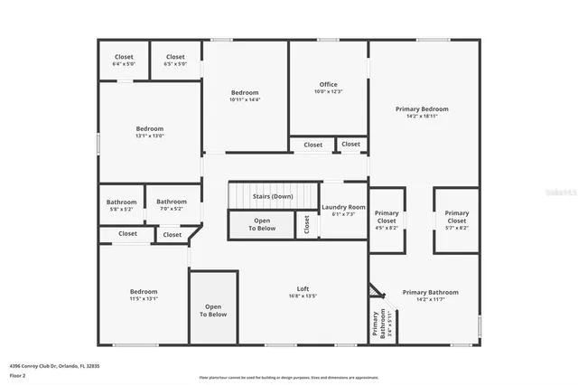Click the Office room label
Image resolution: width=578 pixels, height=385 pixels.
tap(328, 85)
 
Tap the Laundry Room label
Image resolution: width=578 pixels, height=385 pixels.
tap(343, 207)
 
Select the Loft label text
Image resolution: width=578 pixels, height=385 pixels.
tap(303, 288)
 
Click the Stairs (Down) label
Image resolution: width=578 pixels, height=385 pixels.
tap(272, 196)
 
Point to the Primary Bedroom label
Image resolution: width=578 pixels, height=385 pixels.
tap(422, 108)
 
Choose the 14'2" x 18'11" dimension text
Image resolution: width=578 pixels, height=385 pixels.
tap(422, 116)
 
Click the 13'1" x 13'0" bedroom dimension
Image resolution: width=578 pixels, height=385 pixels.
tap(150, 136)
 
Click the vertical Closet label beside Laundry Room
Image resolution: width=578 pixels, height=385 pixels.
tap(307, 224)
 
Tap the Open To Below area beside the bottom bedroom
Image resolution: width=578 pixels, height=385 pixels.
tap(213, 310)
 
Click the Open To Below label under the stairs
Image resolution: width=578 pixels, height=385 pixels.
tap(262, 224)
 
